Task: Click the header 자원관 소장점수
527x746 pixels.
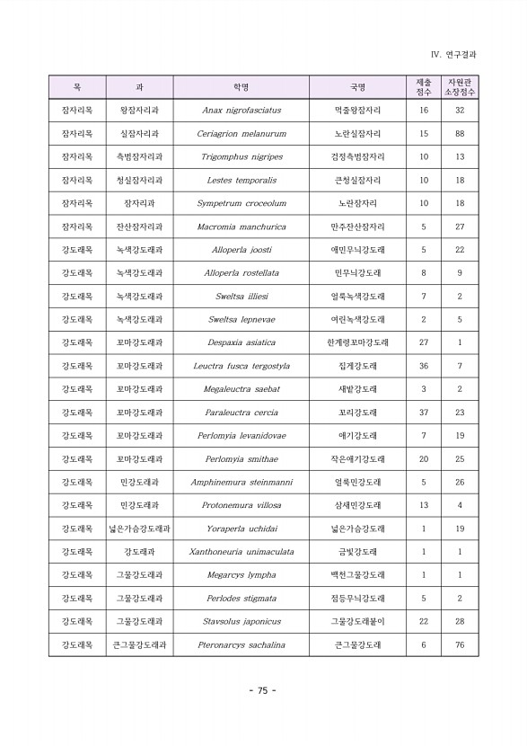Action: pos(460,87)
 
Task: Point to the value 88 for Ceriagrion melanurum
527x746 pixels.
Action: pos(460,134)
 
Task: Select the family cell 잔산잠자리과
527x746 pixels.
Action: pos(139,226)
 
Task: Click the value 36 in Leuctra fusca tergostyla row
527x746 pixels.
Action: pos(424,366)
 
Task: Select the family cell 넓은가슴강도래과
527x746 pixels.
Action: pos(139,528)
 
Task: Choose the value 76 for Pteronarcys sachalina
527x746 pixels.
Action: pos(460,644)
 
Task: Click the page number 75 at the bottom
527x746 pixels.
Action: pos(262,690)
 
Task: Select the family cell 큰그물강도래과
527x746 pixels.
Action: pos(139,644)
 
